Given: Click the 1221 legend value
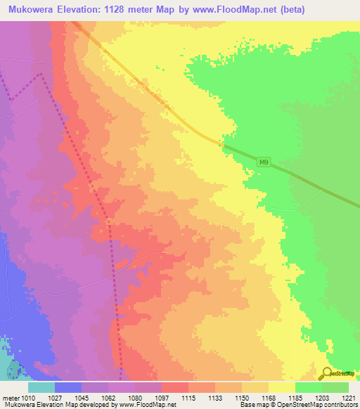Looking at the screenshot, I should [x=349, y=398].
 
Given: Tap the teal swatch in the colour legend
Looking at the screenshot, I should [x=41, y=387].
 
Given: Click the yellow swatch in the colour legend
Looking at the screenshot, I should [x=282, y=387].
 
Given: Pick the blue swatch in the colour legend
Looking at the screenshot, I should [x=68, y=387].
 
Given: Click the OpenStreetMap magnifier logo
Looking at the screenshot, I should [x=326, y=374].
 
